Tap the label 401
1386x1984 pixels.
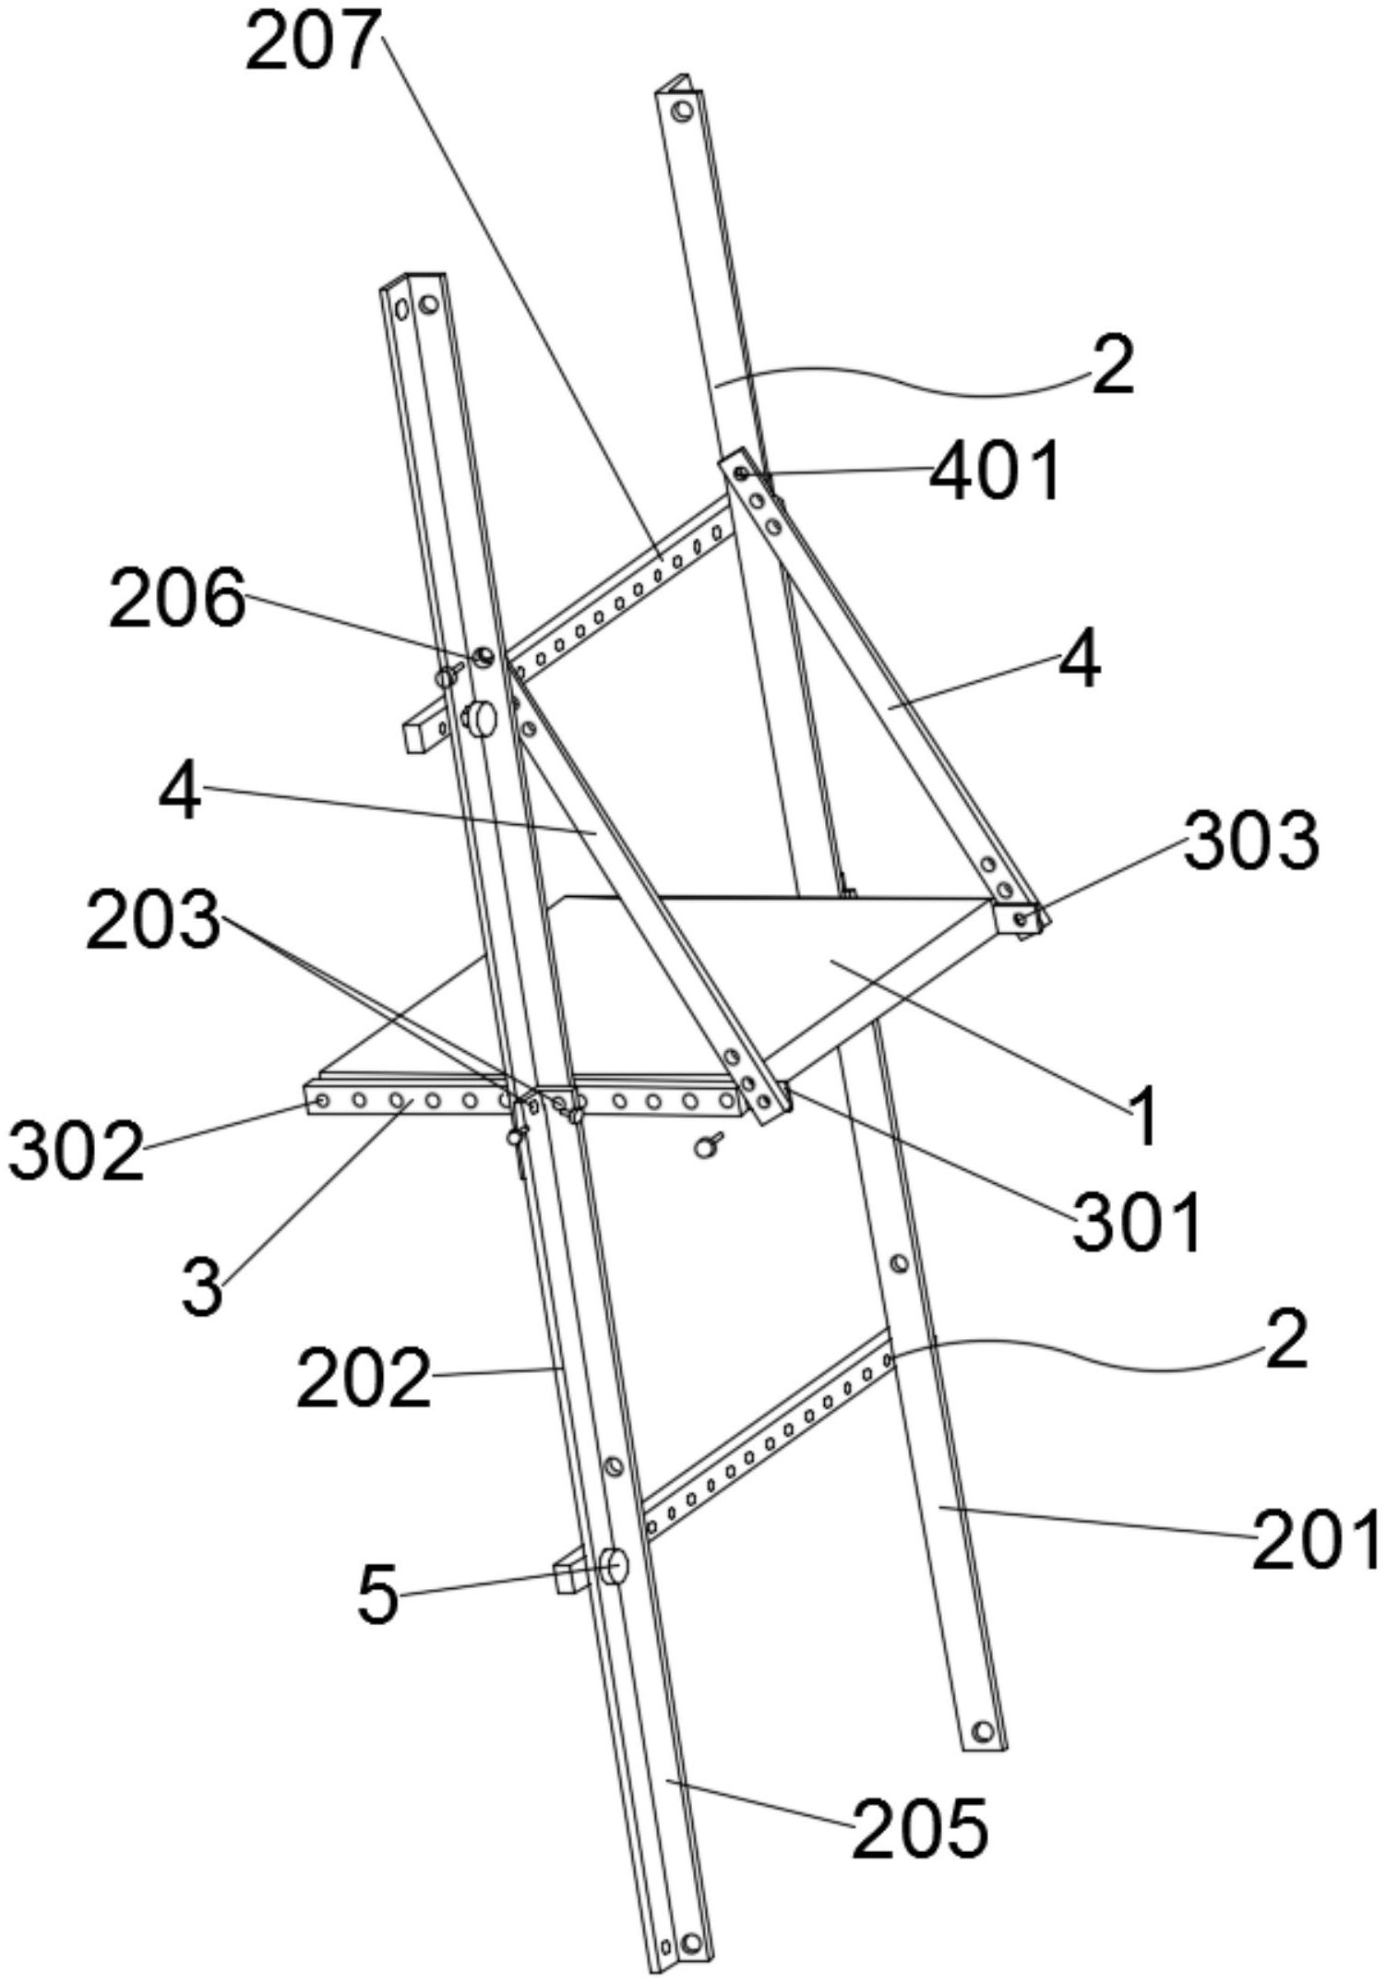coord(995,472)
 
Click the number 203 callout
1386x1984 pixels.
coord(153,922)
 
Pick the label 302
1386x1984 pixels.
coord(78,1153)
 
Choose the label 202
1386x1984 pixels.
coord(364,1378)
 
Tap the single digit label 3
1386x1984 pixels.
coord(202,1288)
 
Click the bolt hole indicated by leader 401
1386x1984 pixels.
coord(740,473)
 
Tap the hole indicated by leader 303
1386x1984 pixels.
coord(1020,919)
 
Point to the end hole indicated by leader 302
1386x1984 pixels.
coord(320,1102)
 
